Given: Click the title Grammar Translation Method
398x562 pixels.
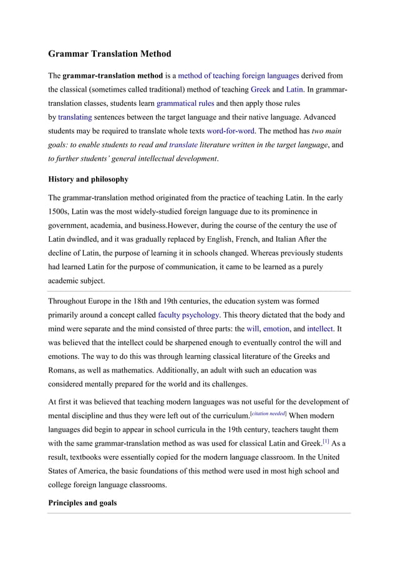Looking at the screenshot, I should coord(109,54).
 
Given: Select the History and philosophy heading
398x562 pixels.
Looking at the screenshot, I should coord(88,179).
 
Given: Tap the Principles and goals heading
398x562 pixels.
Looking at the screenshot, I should coord(82,502).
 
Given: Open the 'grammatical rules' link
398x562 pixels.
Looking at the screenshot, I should coord(185,103).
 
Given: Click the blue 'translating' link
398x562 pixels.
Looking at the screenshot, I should coord(75,117).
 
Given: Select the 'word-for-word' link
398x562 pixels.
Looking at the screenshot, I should coord(231,131).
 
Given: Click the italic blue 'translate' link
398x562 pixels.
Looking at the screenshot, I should coord(183,145).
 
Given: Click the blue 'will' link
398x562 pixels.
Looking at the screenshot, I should coord(253,329).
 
